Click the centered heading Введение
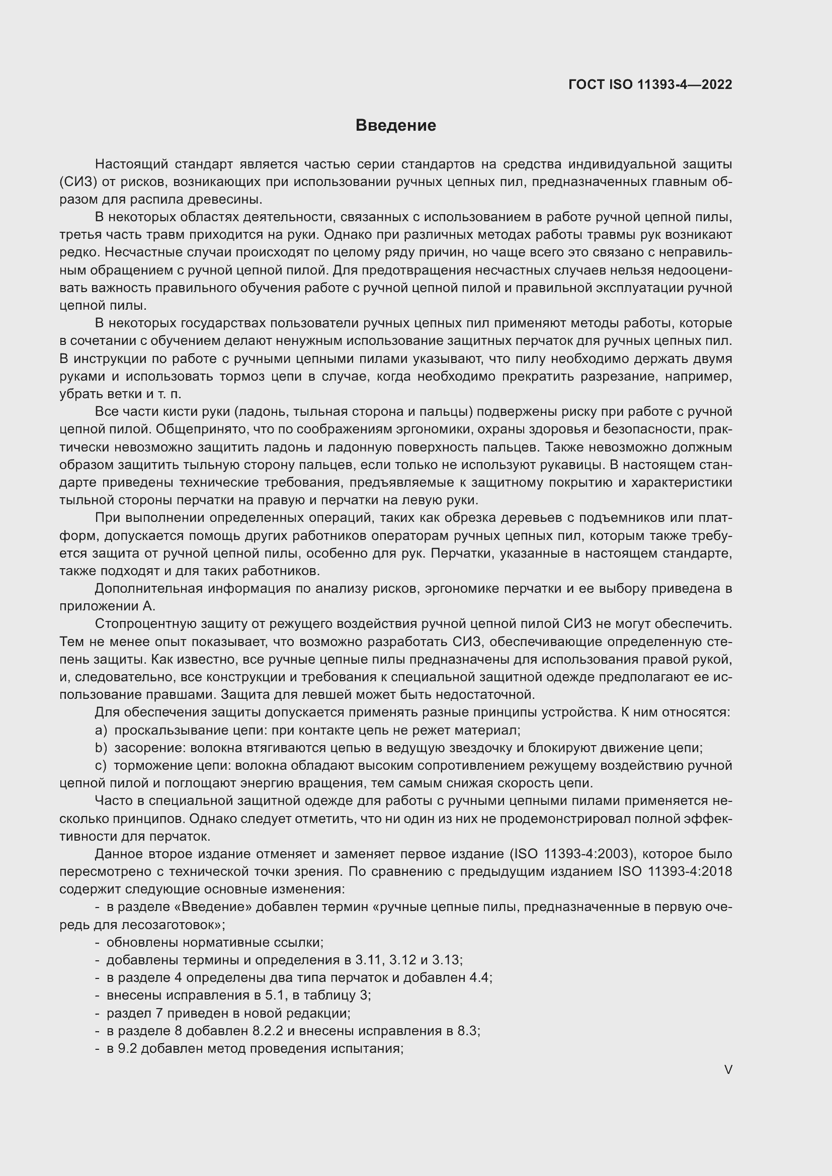(395, 126)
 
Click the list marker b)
(101, 748)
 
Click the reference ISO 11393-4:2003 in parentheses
(572, 854)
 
